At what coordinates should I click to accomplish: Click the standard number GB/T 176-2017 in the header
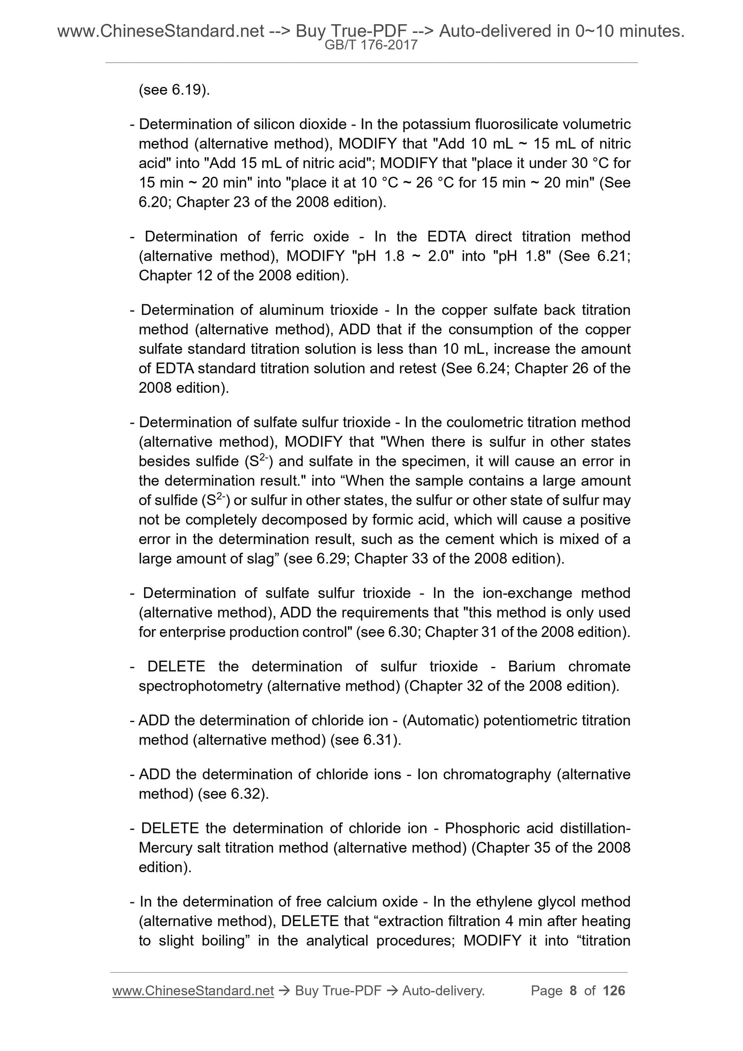point(371,45)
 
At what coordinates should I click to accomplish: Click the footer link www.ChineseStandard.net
point(192,991)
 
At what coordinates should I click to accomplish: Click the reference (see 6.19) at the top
point(174,90)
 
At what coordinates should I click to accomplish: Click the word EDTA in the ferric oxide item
point(446,237)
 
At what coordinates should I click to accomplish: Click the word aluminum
point(291,311)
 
